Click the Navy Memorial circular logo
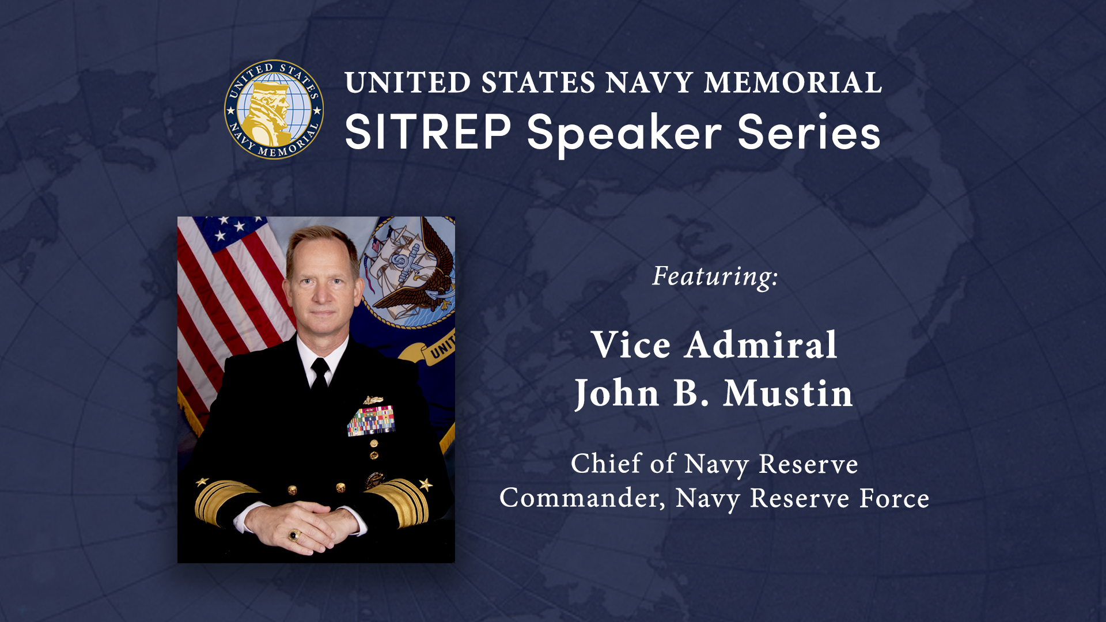pyautogui.click(x=274, y=109)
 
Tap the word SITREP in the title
pyautogui.click(x=428, y=132)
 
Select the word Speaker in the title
pyautogui.click(x=624, y=134)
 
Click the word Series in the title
pyautogui.click(x=809, y=132)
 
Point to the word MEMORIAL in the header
pyautogui.click(x=793, y=82)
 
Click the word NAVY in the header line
pyautogui.click(x=649, y=82)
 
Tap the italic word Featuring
pyautogui.click(x=715, y=276)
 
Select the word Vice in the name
pyautogui.click(x=631, y=345)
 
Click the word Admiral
pyautogui.click(x=761, y=345)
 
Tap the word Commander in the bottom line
pyautogui.click(x=582, y=498)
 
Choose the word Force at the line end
pyautogui.click(x=894, y=498)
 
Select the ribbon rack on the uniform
pyautogui.click(x=371, y=420)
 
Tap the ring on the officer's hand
pyautogui.click(x=294, y=536)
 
